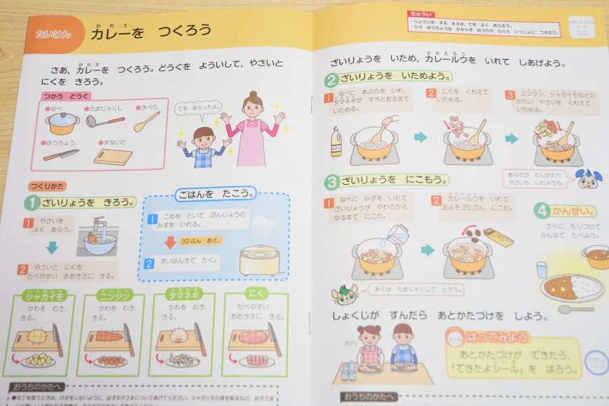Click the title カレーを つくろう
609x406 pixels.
(150, 32)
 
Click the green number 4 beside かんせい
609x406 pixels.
(541, 210)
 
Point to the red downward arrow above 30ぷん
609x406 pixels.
(171, 242)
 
